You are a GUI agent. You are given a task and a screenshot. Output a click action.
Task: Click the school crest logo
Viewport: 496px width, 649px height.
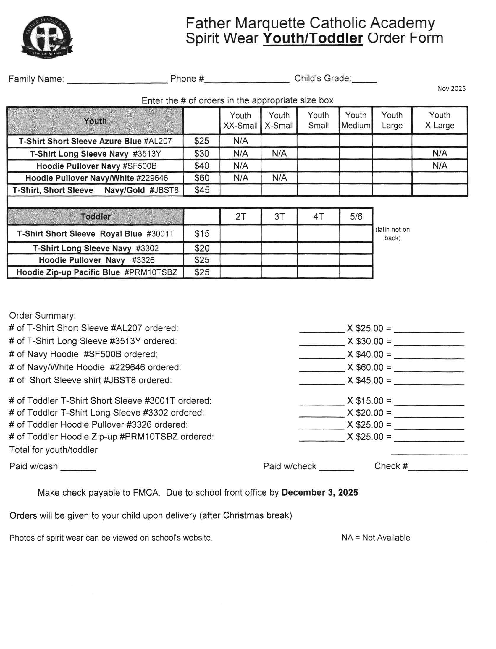point(47,37)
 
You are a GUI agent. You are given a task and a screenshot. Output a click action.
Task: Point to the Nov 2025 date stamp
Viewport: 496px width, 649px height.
point(451,89)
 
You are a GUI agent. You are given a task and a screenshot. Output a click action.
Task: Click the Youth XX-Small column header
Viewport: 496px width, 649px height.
point(240,121)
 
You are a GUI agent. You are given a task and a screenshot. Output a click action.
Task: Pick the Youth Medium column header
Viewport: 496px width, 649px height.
point(356,121)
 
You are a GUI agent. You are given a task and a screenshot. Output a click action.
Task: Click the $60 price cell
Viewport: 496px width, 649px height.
point(202,178)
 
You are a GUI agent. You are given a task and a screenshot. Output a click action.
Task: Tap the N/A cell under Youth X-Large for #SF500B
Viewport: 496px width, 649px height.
point(440,166)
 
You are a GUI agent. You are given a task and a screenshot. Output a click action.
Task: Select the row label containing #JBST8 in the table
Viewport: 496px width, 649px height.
point(95,190)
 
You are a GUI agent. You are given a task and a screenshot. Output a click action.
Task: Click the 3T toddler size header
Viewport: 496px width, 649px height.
point(279,217)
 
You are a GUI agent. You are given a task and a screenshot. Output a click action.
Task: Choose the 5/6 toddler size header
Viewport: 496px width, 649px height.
point(356,217)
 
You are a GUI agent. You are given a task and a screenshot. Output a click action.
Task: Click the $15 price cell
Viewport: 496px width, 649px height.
point(202,234)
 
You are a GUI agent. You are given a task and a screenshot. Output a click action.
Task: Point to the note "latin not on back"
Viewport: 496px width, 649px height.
point(392,234)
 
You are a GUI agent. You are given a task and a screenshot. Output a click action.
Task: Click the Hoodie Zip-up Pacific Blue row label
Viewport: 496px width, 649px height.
point(96,272)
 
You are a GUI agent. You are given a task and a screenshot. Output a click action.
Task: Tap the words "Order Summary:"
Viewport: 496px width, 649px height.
point(43,316)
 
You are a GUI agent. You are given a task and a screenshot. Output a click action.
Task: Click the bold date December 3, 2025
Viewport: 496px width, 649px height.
point(319,493)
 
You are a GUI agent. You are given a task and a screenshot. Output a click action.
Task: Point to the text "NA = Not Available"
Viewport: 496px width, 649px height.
point(376,538)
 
